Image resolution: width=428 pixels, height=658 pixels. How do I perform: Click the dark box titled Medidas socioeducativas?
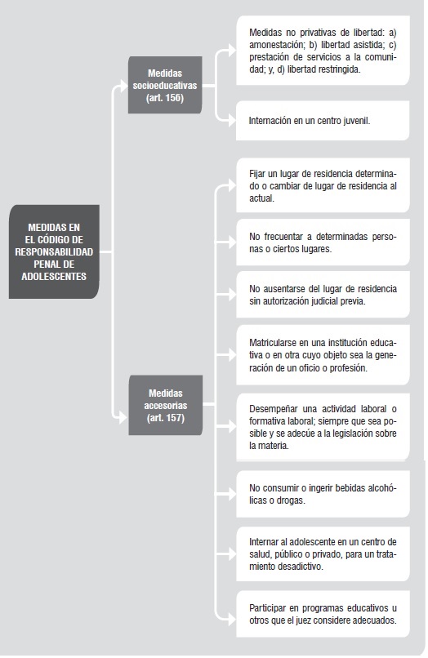pos(165,85)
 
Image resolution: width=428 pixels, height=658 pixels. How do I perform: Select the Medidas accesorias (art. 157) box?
pos(166,405)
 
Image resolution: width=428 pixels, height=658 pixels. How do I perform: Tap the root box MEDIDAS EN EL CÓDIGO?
pos(54,251)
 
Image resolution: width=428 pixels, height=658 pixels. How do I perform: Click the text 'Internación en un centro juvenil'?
pos(309,121)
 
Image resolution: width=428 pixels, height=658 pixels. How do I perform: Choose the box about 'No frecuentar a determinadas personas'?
pos(323,242)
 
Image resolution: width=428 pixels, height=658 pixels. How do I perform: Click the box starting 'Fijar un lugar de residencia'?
pos(323,185)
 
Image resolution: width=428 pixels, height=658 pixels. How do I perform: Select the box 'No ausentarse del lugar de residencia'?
pos(323,295)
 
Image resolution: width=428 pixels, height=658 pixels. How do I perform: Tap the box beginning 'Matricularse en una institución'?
pos(323,355)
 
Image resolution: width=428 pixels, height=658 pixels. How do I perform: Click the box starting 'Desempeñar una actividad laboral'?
pos(323,427)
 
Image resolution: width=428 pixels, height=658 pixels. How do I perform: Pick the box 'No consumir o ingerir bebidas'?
pos(323,494)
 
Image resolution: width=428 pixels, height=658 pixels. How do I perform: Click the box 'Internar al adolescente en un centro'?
pos(323,554)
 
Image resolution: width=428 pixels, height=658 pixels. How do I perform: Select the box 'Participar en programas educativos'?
pos(323,614)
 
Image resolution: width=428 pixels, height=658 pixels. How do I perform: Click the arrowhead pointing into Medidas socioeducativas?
pos(123,86)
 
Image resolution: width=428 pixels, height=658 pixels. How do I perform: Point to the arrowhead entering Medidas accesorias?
pos(123,417)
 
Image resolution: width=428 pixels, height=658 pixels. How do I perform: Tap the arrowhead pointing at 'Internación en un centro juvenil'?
pos(232,121)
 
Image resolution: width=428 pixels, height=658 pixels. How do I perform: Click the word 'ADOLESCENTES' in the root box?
pos(54,277)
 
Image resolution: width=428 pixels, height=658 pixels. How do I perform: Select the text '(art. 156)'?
pos(165,98)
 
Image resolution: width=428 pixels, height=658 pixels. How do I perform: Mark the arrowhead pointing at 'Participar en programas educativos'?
pos(232,620)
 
